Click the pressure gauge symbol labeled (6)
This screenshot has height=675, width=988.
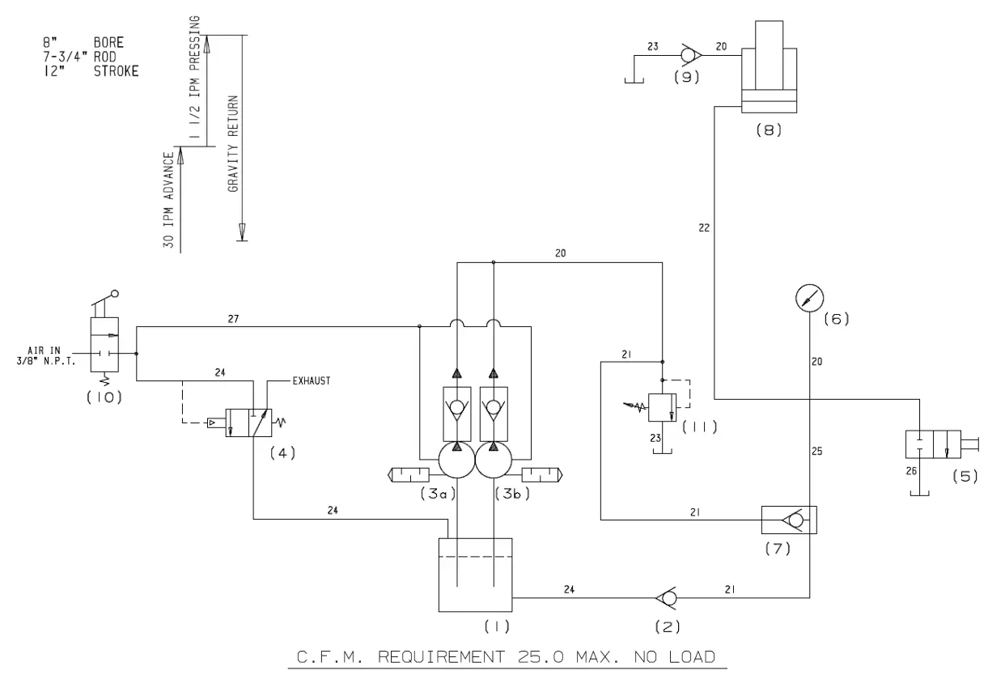808,299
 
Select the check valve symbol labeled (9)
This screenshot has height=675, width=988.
689,55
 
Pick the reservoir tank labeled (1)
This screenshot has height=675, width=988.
475,575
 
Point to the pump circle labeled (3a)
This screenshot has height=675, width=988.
457,462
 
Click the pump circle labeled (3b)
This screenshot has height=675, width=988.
494,462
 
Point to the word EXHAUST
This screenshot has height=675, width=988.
311,380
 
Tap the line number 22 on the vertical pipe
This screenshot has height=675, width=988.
704,229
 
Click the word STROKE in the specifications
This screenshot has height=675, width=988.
117,71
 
